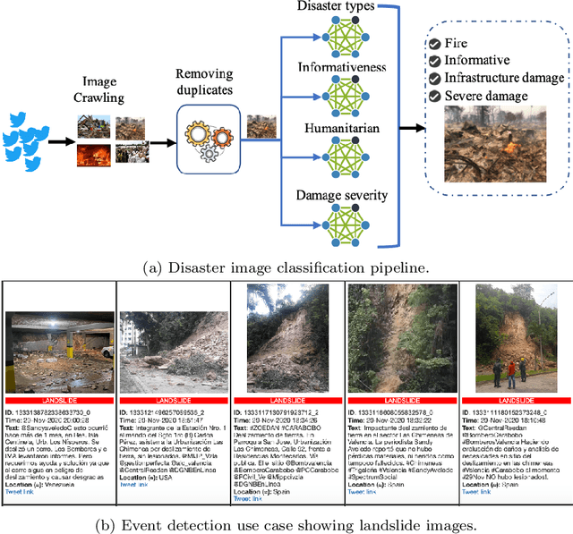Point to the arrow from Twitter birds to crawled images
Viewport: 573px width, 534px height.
click(60, 141)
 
